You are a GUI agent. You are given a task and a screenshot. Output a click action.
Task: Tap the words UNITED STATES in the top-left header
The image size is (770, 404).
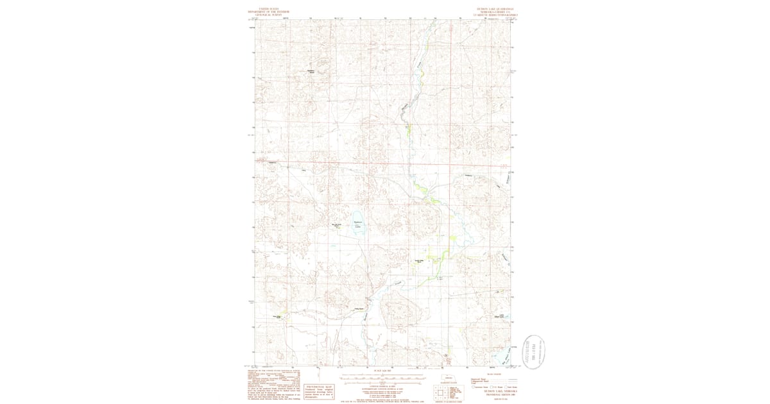(260, 8)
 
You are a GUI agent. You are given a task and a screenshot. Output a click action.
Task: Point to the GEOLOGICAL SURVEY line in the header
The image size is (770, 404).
(260, 14)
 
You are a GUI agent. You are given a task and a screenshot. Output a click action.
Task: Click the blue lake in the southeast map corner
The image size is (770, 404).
(497, 356)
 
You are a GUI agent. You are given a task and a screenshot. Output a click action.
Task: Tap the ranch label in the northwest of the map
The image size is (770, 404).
(311, 71)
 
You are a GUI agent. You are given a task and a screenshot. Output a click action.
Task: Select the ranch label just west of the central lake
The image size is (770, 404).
(335, 225)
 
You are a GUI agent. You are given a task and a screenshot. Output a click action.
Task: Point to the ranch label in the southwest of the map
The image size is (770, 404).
(277, 316)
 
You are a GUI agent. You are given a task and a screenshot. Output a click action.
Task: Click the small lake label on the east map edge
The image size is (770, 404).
(499, 316)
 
